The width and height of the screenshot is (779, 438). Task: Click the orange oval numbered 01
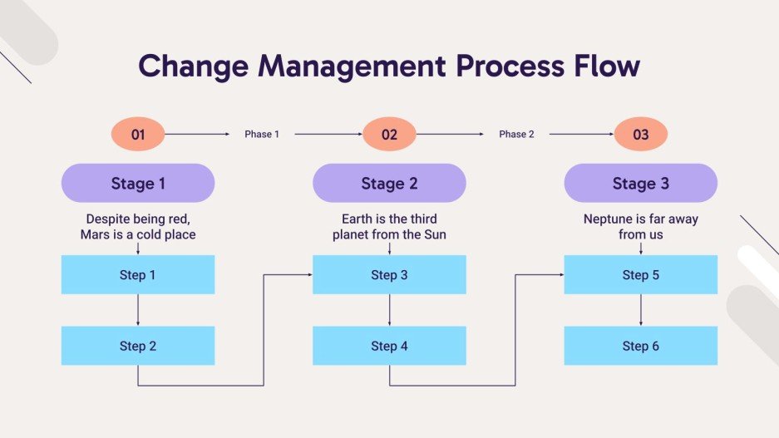click(x=138, y=134)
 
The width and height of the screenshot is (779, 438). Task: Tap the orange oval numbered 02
click(x=389, y=134)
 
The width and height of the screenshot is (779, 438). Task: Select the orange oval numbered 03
click(x=640, y=134)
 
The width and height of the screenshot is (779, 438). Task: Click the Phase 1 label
click(x=262, y=134)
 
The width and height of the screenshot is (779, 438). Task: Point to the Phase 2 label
click(x=516, y=134)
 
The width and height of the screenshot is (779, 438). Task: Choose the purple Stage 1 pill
click(x=138, y=184)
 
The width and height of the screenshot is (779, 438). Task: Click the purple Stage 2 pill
click(x=389, y=184)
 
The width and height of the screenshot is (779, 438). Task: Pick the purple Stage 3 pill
click(x=640, y=184)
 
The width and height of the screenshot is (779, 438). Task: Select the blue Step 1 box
click(x=138, y=275)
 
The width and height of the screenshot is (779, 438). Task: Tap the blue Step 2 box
click(x=138, y=346)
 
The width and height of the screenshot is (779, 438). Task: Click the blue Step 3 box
click(x=389, y=275)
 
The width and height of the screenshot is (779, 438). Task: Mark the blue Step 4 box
click(x=389, y=346)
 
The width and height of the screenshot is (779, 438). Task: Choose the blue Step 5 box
click(x=640, y=275)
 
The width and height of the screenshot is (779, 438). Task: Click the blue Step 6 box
click(x=640, y=346)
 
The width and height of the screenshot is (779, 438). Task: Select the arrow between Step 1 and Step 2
click(x=138, y=310)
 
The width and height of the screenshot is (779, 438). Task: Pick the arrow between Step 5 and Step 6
click(x=640, y=310)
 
